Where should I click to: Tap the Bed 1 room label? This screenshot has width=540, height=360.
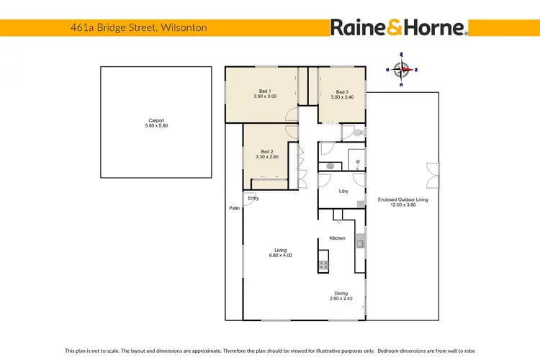pos(265,91)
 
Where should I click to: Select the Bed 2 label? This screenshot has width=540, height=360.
pos(266,151)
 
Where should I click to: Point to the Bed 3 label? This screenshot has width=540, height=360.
pos(342,92)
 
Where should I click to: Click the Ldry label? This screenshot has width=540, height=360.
pos(343,191)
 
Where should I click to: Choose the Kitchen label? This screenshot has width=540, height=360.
pos(338,238)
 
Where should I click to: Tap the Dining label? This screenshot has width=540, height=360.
pos(341,293)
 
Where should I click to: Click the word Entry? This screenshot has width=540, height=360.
pos(253,198)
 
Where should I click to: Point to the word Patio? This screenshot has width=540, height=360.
pos(234,208)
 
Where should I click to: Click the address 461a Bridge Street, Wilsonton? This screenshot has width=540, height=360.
pos(129,27)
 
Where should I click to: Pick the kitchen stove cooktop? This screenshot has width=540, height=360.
pos(324,265)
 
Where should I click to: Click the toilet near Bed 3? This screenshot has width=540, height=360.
pos(359,132)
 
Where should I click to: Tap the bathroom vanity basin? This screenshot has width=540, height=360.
pos(330,166)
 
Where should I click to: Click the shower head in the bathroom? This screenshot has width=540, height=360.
pos(358,161)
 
